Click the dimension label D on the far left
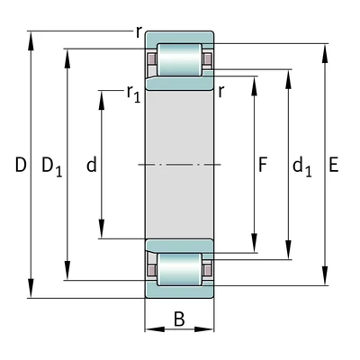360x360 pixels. [20, 166]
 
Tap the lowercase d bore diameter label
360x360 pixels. [90, 166]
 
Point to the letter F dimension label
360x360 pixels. [263, 166]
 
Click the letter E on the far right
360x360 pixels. [334, 166]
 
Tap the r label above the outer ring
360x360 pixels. [139, 31]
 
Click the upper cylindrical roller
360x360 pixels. [179, 59]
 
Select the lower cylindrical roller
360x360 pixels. [179, 269]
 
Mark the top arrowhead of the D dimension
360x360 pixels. [31, 37]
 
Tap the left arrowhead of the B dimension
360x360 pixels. [149, 329]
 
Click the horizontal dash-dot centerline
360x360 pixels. [179, 165]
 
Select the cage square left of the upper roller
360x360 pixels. [152, 60]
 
